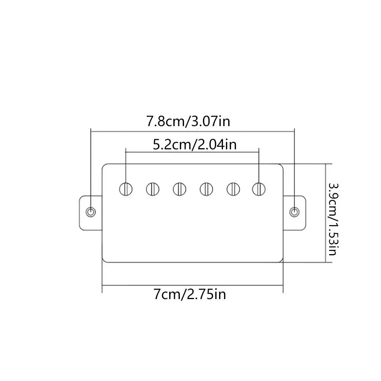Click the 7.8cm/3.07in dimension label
click(x=188, y=121)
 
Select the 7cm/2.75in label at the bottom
click(x=190, y=294)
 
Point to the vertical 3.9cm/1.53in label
click(x=333, y=219)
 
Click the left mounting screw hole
click(x=91, y=212)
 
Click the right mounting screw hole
click(x=295, y=212)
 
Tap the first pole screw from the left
click(x=126, y=189)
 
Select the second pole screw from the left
click(x=153, y=189)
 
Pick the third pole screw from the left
click(x=179, y=189)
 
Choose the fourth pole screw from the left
click(x=206, y=189)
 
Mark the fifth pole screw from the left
click(x=233, y=189)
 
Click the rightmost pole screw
click(x=259, y=189)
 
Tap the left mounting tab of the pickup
click(x=90, y=213)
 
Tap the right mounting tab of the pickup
click(x=295, y=213)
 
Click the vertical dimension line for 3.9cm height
click(x=325, y=213)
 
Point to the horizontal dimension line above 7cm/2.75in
click(x=192, y=285)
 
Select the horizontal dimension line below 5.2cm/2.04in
click(x=192, y=152)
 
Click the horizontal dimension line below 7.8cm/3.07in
click(x=192, y=131)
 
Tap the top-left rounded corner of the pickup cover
click(x=104, y=165)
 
